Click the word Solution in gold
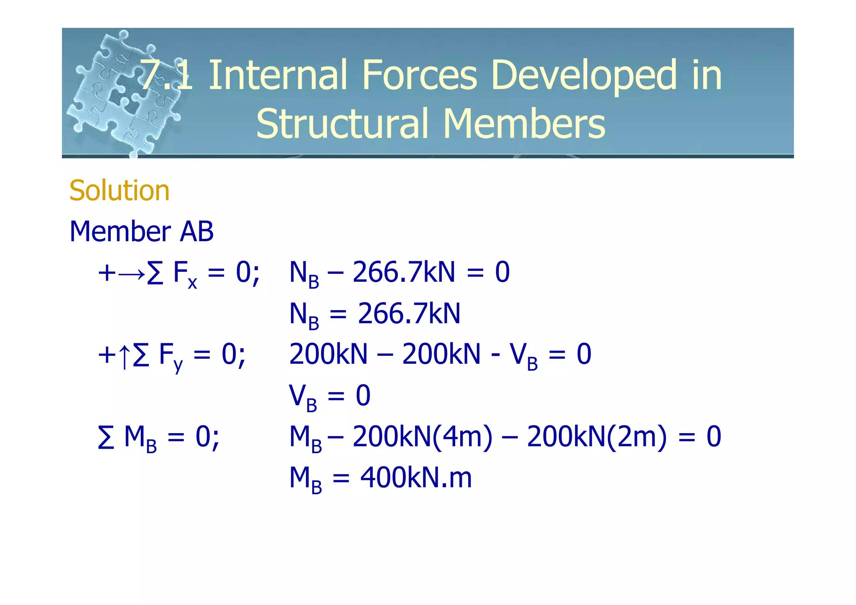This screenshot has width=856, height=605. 119,191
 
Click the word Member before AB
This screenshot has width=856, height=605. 120,232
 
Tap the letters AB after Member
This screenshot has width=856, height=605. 196,232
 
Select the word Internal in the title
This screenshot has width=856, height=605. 277,75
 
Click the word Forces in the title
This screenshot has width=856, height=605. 419,75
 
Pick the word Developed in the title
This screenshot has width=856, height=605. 583,76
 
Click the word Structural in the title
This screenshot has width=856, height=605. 342,124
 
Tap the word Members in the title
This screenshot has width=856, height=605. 524,124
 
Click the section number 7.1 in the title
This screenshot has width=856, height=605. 166,75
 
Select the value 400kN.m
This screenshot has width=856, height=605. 416,478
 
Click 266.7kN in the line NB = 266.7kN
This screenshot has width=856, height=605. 409,314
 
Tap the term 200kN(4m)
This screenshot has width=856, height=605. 423,437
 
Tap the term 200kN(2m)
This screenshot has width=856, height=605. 596,437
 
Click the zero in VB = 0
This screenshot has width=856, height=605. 363,396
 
